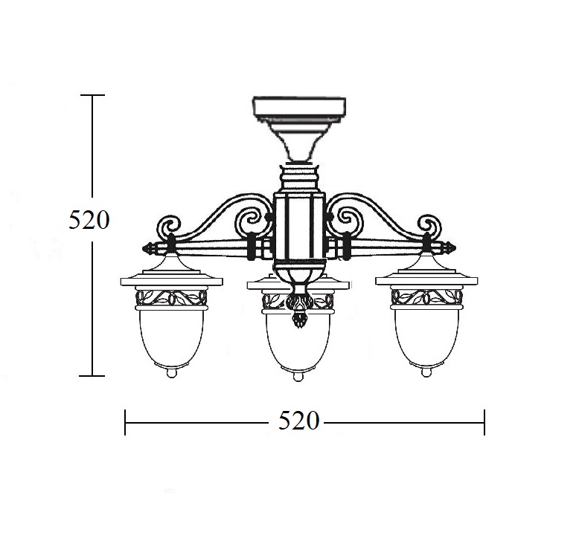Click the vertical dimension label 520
pos(89,221)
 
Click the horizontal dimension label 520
pos(298,421)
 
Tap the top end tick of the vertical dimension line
pos(92,95)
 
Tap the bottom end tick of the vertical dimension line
pos(92,376)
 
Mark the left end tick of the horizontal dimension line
pos(125,422)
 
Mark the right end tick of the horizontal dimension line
pos(484,422)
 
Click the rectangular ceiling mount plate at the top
pos(299,106)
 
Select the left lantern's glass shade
pos(171,337)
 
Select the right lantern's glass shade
pos(426,337)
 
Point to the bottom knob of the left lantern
pos(171,373)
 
